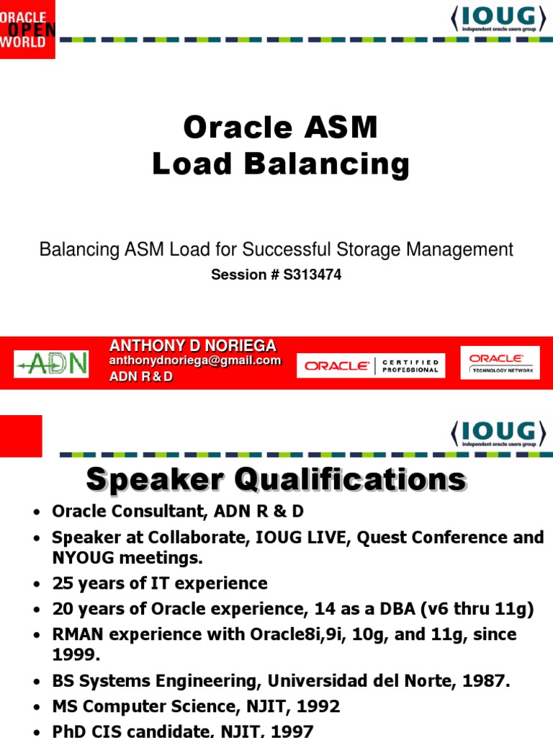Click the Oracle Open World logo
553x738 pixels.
(x=27, y=29)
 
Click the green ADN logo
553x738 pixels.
(x=51, y=364)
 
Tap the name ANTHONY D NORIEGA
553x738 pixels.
(x=192, y=346)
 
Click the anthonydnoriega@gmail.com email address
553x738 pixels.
(x=194, y=361)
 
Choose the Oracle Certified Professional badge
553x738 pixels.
(x=371, y=365)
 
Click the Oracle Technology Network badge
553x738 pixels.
(x=502, y=364)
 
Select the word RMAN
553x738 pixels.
(x=76, y=635)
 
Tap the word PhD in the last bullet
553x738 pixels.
(x=69, y=731)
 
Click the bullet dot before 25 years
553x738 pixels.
(x=35, y=584)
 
